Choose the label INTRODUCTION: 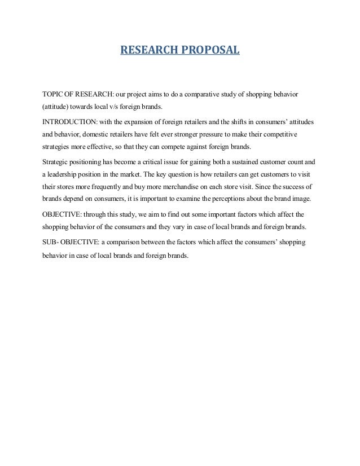[x=70, y=122]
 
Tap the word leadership [x=65, y=175]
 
